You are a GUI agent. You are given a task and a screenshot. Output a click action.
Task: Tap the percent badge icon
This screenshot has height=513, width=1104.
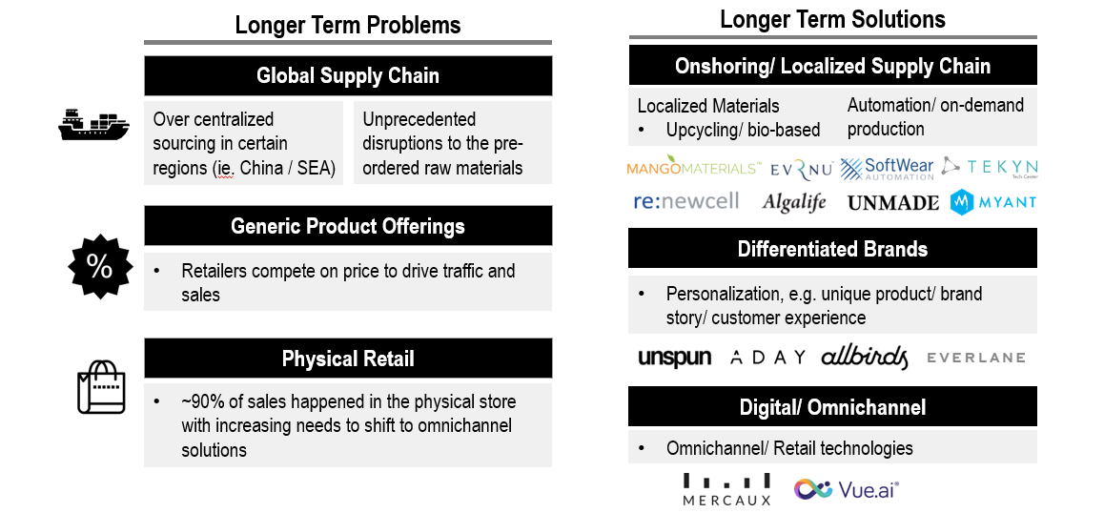coord(100,266)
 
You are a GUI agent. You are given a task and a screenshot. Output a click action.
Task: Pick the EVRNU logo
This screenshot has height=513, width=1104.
coord(802,169)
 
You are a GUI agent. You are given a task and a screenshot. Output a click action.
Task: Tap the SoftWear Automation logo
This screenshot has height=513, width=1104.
coord(888,169)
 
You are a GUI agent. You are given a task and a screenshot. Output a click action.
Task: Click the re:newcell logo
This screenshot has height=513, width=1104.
coord(686,201)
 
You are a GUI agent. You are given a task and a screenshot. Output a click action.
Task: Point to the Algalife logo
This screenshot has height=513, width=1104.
coord(793,202)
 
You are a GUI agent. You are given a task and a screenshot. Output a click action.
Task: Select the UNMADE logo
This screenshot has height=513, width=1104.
coord(892,203)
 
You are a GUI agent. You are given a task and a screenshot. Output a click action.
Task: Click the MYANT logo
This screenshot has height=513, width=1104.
coord(992,202)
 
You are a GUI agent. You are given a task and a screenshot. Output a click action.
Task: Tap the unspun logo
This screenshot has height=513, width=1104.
coord(675,358)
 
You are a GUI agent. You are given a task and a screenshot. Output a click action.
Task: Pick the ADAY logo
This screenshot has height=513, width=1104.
coord(767,358)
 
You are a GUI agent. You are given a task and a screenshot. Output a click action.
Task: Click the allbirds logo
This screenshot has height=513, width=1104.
coord(865,358)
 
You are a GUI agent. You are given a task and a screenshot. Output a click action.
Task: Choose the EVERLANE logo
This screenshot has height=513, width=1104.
coord(976,358)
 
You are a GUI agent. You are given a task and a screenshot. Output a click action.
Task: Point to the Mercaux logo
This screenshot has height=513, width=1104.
coord(726,490)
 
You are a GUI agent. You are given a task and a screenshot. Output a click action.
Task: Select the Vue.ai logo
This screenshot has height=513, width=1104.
coord(847,489)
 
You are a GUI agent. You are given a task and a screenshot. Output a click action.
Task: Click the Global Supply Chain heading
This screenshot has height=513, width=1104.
coord(348,76)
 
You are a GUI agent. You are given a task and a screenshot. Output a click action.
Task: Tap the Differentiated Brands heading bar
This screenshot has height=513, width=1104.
coord(832,249)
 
